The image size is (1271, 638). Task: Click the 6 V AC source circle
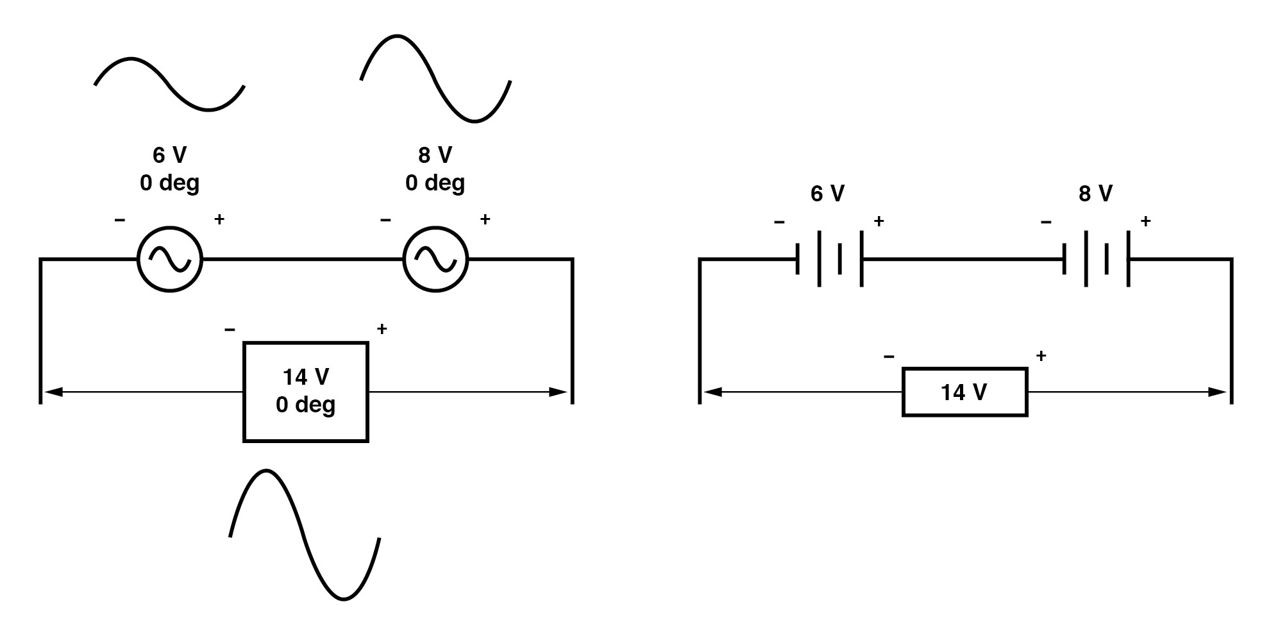click(x=170, y=259)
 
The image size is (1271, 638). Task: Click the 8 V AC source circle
click(x=435, y=259)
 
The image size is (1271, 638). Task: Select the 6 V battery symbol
click(x=830, y=259)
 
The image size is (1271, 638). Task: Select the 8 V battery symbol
click(x=1095, y=259)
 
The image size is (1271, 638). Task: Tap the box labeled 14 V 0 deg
click(x=306, y=392)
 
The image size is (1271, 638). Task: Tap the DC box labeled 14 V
click(x=964, y=392)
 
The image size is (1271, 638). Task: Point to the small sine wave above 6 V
click(x=169, y=83)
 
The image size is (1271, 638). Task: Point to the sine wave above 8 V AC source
click(x=435, y=79)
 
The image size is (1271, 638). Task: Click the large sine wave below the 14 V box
click(x=305, y=535)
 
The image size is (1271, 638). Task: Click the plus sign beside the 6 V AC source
click(x=219, y=219)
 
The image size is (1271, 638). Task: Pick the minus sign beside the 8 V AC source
click(x=385, y=220)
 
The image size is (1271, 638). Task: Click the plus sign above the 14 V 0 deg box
click(x=382, y=329)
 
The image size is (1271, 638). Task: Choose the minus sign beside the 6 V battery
click(x=779, y=222)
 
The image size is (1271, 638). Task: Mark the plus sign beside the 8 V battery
click(x=1145, y=221)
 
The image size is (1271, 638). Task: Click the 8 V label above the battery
click(x=1095, y=193)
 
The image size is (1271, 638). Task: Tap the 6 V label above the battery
click(x=827, y=193)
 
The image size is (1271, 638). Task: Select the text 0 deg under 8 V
click(x=435, y=183)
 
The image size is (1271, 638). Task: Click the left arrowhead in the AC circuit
click(x=53, y=392)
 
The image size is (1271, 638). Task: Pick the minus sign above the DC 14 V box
click(x=889, y=356)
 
